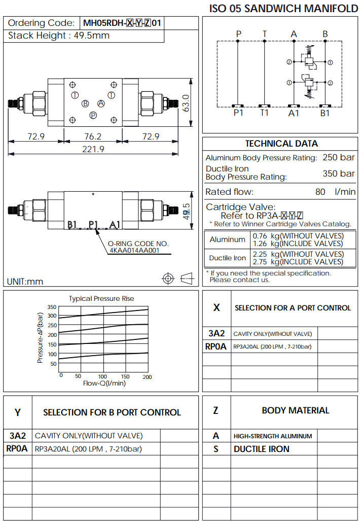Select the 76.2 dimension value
tap(93, 136)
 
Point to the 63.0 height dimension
tap(186, 103)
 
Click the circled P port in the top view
tap(93, 115)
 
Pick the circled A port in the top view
tap(101, 103)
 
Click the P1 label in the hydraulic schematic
tap(238, 113)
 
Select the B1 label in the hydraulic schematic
tap(325, 113)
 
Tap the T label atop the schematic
tap(264, 34)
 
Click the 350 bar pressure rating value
tap(339, 173)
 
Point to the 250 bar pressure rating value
tap(339, 157)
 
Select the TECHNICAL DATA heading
tap(281, 144)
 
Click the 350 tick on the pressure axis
tap(52, 307)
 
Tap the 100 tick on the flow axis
tap(102, 377)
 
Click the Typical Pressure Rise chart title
tap(101, 298)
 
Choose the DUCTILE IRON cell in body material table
tap(262, 449)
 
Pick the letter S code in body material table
tap(216, 449)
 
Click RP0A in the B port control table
tap(18, 448)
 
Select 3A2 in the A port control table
tap(217, 333)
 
